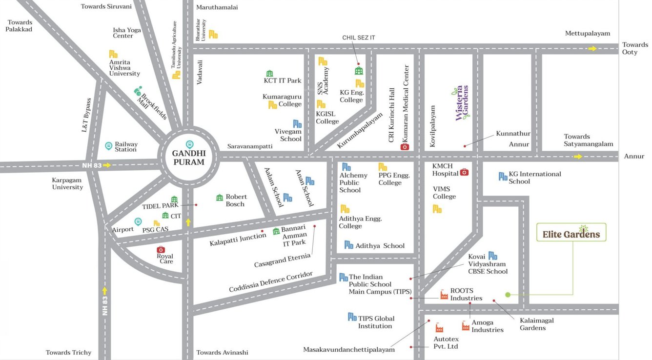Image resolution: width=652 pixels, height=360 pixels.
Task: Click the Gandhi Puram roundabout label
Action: tap(188, 158)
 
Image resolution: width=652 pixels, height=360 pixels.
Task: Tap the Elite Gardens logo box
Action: tap(571, 233)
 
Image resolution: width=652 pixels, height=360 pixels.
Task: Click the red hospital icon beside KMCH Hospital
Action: tap(464, 172)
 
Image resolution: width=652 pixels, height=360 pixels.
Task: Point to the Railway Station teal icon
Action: tap(109, 146)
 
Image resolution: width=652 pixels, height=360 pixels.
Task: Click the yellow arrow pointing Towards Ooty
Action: tap(592, 48)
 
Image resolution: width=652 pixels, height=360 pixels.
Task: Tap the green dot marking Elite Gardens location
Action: tap(508, 295)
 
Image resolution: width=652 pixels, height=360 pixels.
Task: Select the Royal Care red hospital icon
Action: tap(161, 250)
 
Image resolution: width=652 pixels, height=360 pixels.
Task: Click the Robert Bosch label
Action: tap(236, 200)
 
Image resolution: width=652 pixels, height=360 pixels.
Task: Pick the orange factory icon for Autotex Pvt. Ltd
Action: tap(439, 328)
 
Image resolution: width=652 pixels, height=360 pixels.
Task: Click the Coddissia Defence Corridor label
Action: tap(270, 282)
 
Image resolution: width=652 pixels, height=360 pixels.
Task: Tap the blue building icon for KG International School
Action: tap(503, 176)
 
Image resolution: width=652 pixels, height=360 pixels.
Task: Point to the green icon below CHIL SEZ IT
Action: tap(359, 71)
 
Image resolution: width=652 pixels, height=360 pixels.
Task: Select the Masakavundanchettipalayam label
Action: tap(348, 350)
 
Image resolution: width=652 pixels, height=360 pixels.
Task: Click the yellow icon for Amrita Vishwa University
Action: tap(113, 54)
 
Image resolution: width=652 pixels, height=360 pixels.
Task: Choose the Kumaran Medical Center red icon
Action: tap(405, 146)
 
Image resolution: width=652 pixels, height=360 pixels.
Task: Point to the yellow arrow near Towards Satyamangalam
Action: tap(578, 157)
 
